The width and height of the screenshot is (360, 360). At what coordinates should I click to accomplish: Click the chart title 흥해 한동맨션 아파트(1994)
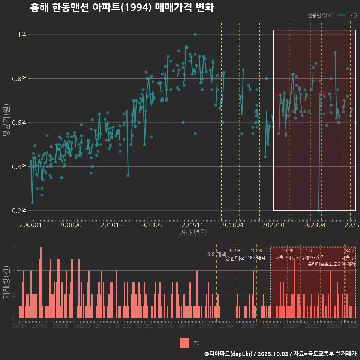(x=122, y=7)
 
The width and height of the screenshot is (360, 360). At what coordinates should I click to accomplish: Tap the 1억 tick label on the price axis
(x=22, y=34)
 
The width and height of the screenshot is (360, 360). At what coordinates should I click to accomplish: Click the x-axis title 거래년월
(x=193, y=233)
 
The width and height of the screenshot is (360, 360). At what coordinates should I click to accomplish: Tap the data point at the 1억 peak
(x=195, y=34)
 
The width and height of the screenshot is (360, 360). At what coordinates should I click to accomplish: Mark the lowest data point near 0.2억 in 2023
(x=319, y=211)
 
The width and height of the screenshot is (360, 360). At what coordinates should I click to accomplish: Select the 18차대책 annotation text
(x=256, y=258)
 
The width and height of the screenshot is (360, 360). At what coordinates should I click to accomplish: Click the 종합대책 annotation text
(x=235, y=258)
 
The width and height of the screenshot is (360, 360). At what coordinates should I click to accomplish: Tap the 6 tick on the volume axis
(x=14, y=247)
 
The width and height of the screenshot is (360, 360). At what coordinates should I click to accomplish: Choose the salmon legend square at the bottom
(x=184, y=343)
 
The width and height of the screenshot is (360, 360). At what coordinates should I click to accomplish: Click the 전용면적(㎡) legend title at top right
(x=320, y=15)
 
